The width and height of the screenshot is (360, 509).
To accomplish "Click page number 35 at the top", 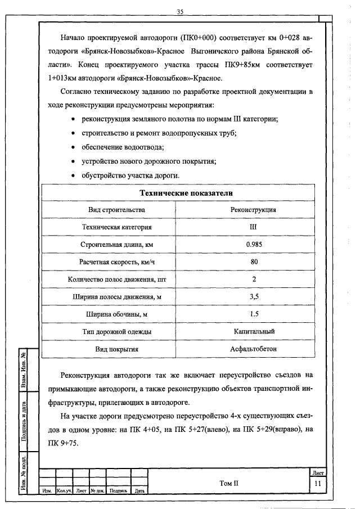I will (x=180, y=11).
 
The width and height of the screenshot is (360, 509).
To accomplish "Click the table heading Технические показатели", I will (x=178, y=193).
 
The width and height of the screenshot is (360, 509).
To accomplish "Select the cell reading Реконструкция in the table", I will (x=253, y=210).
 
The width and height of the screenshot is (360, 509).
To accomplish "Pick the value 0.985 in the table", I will (x=253, y=245).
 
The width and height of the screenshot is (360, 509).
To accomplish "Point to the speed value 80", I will (x=254, y=262).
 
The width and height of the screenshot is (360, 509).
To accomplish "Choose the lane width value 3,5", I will (x=254, y=297).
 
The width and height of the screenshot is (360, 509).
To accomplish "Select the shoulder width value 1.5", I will (x=254, y=314).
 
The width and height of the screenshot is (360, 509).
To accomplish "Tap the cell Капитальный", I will (x=254, y=332).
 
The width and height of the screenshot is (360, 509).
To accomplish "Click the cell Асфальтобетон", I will (x=254, y=349).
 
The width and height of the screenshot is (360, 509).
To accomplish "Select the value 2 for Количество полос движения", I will (x=254, y=280).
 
